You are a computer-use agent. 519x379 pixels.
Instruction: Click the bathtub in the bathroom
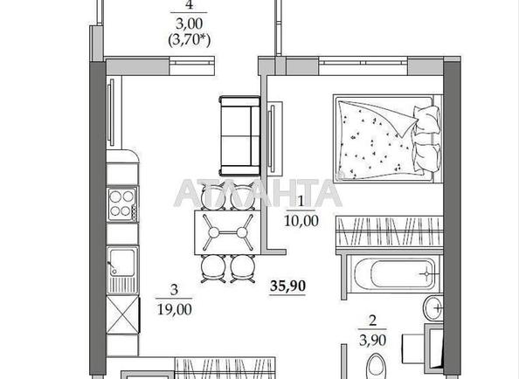(x=392, y=274)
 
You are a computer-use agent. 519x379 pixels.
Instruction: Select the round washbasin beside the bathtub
(x=433, y=308)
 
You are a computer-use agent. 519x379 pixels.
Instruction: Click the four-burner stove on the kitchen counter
(x=122, y=203)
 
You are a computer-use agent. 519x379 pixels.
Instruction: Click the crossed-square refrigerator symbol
(x=123, y=315)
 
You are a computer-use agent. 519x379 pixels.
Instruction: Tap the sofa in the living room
(x=239, y=135)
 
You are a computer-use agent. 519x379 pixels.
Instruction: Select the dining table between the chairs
(x=228, y=232)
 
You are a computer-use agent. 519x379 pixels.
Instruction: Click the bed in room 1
(x=388, y=138)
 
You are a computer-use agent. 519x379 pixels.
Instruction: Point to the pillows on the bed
(x=427, y=139)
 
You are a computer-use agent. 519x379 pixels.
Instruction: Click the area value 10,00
(x=301, y=221)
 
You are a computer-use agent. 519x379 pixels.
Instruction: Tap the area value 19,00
(x=175, y=309)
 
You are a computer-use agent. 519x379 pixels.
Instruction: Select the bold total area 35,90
(x=287, y=286)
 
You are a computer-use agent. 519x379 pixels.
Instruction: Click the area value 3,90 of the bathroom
(x=373, y=341)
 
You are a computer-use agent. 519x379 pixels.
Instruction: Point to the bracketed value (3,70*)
(x=190, y=41)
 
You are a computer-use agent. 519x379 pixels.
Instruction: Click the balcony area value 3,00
(x=189, y=24)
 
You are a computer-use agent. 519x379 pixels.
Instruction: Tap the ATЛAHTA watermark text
(x=258, y=193)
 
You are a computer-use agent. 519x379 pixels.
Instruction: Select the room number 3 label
(x=174, y=290)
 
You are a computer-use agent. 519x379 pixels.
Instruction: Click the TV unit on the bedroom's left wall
(x=274, y=139)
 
